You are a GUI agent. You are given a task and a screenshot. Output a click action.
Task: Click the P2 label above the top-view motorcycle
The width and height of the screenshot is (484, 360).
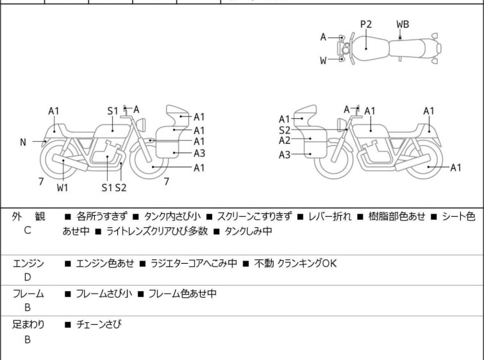pos(366,24)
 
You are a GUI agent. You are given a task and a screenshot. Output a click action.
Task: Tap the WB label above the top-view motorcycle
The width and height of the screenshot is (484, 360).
pos(403,24)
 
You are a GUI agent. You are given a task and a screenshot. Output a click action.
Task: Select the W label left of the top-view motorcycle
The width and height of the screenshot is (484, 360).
pos(324,61)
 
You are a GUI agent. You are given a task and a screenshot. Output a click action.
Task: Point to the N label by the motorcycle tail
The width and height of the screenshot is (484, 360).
pos(23,142)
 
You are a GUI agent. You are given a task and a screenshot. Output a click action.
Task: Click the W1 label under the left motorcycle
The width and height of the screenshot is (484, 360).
pos(62,188)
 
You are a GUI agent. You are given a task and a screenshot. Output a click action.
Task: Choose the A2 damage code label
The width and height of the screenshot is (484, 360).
pos(285,141)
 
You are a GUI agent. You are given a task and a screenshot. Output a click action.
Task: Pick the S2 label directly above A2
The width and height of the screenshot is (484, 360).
pos(285,130)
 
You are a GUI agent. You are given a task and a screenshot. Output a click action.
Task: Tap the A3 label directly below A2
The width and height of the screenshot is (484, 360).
pos(285,154)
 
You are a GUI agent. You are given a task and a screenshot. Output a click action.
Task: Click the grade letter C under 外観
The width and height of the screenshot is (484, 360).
pos(28,231)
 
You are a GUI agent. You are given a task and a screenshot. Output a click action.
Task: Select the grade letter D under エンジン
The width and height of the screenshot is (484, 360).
pos(28,277)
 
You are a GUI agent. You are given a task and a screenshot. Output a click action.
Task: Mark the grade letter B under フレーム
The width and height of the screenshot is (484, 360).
pos(28,307)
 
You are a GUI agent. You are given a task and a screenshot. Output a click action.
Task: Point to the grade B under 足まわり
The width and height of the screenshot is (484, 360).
pos(28,339)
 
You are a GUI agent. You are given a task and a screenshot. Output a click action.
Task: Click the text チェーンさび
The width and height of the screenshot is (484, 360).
pos(99,325)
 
